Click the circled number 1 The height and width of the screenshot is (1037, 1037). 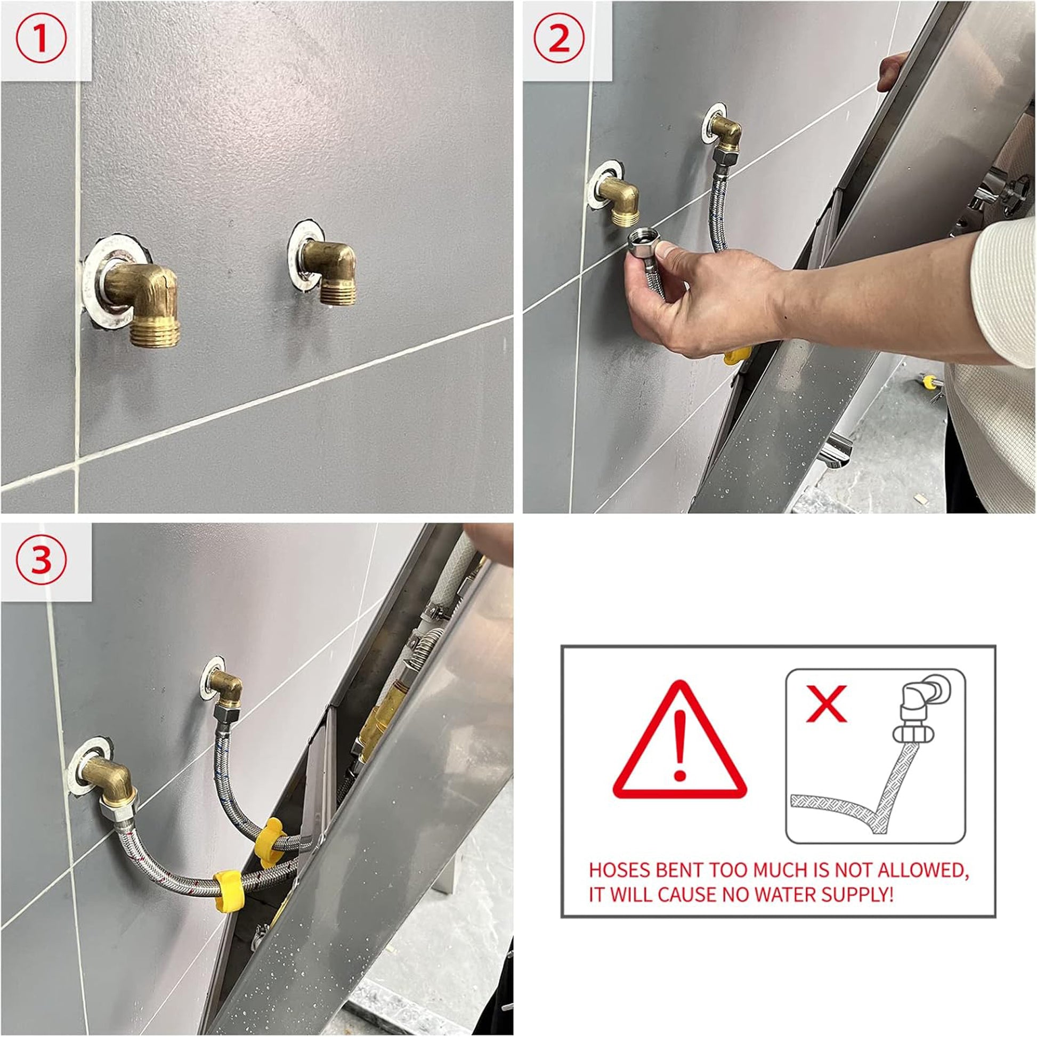click(42, 41)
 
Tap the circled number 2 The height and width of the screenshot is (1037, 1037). click(560, 40)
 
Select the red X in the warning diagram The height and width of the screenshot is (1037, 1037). click(827, 703)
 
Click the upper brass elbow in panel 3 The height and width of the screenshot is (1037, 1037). click(225, 687)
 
